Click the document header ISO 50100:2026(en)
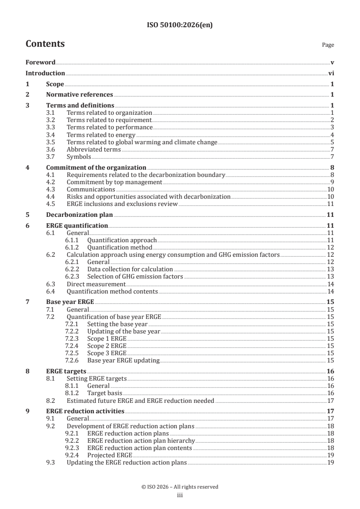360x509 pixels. tap(180, 25)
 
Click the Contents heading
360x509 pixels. tap(45, 44)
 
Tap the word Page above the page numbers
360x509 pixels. tap(328, 45)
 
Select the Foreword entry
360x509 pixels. tap(40, 62)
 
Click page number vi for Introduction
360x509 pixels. tap(331, 73)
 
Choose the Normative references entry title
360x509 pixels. tap(79, 95)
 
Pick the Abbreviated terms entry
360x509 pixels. tap(94, 150)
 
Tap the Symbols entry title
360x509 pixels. tap(79, 157)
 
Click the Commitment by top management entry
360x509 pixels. tap(114, 182)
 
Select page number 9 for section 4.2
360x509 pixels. tap(332, 182)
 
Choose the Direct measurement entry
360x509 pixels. tap(96, 284)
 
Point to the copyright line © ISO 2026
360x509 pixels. tap(180, 487)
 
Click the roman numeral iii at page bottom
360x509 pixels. tap(180, 495)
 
